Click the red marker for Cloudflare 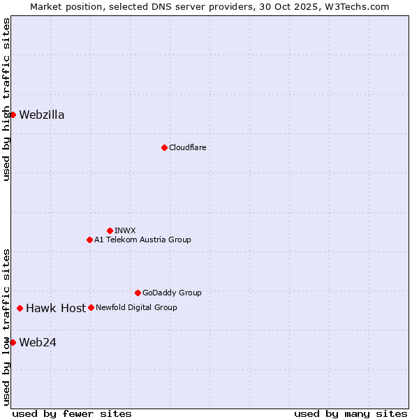click(164, 147)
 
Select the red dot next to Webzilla click(13, 115)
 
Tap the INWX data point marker click(110, 230)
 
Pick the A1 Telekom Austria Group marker click(89, 240)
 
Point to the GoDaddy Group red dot click(138, 293)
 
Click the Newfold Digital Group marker click(91, 307)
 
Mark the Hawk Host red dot click(20, 308)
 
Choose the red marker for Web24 click(13, 342)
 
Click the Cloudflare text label click(187, 147)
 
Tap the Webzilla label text click(42, 115)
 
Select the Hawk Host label click(56, 308)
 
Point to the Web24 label click(38, 342)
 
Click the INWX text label click(126, 230)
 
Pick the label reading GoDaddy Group click(172, 293)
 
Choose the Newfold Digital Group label click(136, 307)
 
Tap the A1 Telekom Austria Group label click(142, 240)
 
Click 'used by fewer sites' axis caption click(72, 413)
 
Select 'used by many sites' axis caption click(351, 413)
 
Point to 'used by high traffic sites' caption click(6, 99)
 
